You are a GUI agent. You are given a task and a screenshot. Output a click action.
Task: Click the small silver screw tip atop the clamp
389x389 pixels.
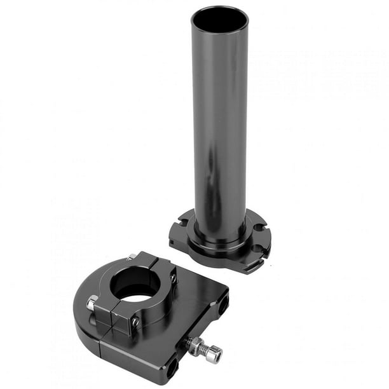132,257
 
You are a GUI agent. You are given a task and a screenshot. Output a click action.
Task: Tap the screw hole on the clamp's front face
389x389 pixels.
135,322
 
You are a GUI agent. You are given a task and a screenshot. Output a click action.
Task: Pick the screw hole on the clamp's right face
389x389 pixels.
173,278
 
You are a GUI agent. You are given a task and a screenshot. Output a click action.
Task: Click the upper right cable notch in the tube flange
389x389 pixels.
257,227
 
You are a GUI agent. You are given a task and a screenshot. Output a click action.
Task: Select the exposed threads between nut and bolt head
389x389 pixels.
205,347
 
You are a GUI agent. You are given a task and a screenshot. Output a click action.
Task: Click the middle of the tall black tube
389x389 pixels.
220,127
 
